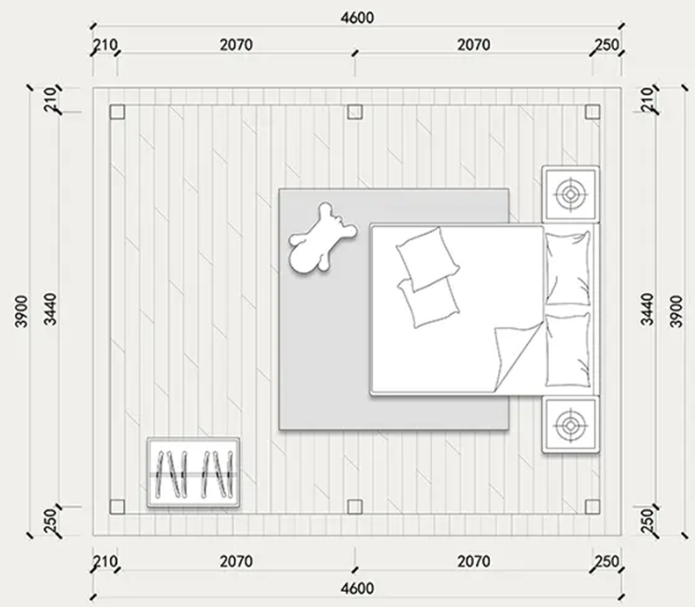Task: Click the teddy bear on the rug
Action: click(320, 239)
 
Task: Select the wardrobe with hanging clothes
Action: click(194, 472)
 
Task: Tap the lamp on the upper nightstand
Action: click(570, 194)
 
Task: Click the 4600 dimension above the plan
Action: click(357, 18)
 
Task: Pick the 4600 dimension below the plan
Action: click(357, 589)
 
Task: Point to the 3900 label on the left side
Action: click(21, 311)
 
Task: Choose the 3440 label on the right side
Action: click(647, 309)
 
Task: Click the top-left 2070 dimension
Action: click(237, 45)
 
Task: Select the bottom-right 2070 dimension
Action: click(473, 562)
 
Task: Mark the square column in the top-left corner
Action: click(117, 112)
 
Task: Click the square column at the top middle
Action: click(355, 112)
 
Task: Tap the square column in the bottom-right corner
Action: click(593, 507)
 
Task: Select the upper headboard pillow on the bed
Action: click(567, 268)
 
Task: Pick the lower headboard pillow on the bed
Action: click(567, 350)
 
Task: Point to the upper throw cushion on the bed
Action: click(428, 258)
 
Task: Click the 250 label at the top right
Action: click(606, 45)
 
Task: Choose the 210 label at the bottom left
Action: click(106, 562)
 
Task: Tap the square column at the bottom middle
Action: click(355, 507)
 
